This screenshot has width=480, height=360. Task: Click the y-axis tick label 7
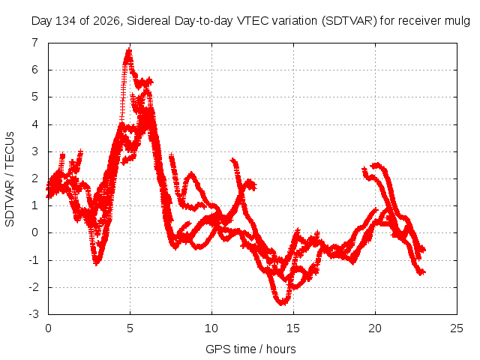click(35, 43)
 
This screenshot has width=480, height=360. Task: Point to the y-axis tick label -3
click(34, 314)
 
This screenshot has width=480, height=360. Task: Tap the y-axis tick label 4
click(35, 124)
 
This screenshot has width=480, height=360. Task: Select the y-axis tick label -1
click(34, 260)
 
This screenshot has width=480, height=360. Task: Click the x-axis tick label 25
click(457, 328)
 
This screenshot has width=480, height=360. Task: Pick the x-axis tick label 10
click(211, 328)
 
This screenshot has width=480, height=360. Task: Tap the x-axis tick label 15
click(293, 328)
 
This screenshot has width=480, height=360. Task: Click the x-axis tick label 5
click(130, 328)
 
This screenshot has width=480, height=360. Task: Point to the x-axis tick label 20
click(375, 328)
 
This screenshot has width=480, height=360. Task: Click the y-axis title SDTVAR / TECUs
click(10, 179)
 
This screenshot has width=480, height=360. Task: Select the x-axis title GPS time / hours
click(250, 349)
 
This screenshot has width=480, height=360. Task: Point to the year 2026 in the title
click(106, 22)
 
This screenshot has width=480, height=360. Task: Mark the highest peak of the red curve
click(129, 49)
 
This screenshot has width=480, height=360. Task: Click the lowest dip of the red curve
click(282, 304)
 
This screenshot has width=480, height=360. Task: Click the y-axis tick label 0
click(35, 232)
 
